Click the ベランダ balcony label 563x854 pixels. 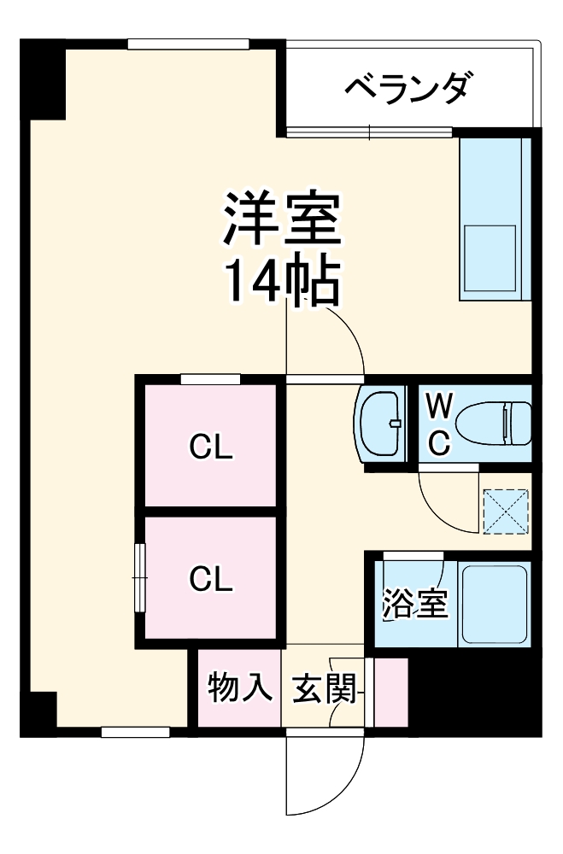pos(408,86)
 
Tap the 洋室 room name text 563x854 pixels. pos(282,221)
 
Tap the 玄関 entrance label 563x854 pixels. pos(323,688)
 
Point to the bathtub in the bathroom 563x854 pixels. pos(494,605)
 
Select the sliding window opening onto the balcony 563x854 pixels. pos(369,132)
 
